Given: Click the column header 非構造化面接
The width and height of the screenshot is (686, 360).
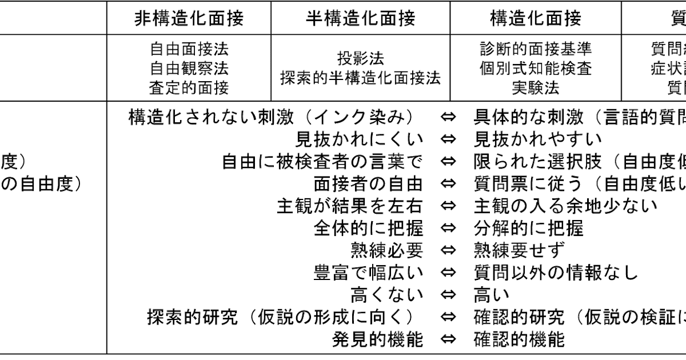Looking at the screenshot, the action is coord(189,19).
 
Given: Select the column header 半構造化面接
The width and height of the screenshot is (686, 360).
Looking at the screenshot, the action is coord(360,19).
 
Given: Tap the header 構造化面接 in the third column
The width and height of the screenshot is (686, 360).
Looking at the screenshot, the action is coord(536,19).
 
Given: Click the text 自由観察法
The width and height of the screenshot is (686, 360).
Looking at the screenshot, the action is coord(189,68).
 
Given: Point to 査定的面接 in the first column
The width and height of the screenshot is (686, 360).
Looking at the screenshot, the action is coord(189,87).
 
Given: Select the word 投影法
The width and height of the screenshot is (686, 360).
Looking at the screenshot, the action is coord(360,58).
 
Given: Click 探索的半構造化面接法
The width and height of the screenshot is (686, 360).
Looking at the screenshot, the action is coord(360,78).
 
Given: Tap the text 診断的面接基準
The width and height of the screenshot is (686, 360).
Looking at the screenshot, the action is coord(536,49).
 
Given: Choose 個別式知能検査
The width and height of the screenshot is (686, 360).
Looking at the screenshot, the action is coord(536,68).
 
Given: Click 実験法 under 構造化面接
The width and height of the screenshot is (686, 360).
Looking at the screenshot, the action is coord(536,87).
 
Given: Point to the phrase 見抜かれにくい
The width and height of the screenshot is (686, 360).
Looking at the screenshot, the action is coord(360,139).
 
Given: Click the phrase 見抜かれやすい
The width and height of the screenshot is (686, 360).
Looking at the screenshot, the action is coord(538,139).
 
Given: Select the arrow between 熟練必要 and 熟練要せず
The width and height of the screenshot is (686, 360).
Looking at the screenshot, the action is coord(449,250).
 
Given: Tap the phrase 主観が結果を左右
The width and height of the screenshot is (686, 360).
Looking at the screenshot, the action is coord(350,206).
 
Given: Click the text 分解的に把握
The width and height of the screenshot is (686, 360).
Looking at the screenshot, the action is coord(529,228).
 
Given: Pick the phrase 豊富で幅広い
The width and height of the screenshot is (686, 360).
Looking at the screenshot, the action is coord(369,273).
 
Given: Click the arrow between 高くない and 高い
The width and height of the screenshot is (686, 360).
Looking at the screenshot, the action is coord(449,295).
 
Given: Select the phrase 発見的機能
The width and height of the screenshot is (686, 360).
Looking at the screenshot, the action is coord(378,339).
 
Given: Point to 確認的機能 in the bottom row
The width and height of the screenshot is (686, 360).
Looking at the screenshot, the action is coord(520,339).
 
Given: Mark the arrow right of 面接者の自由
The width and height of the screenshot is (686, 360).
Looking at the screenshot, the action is coord(449,183).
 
